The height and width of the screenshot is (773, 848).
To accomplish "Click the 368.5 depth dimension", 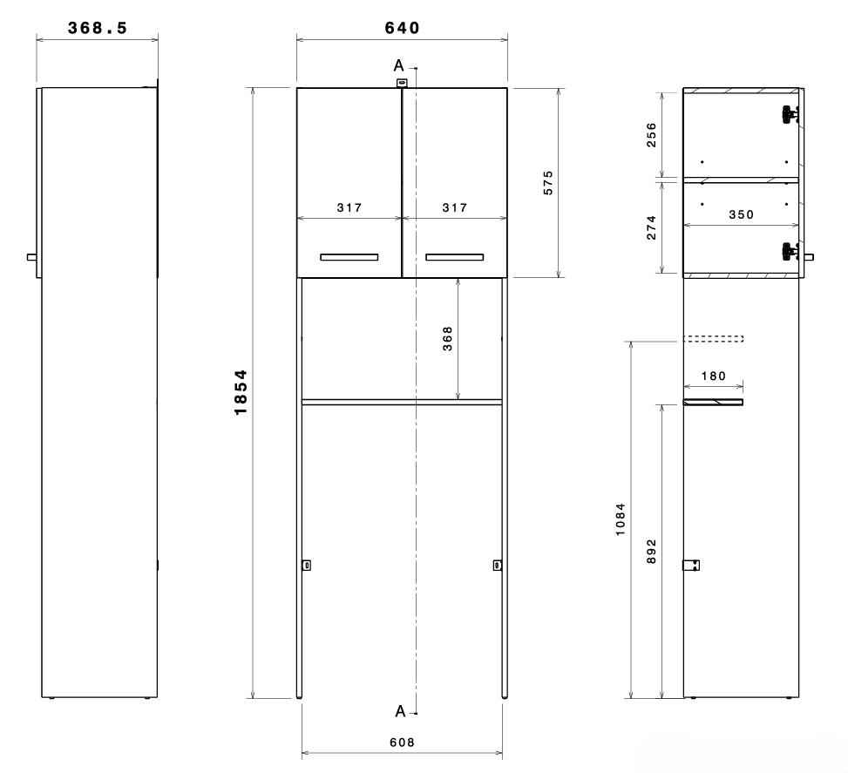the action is click(x=98, y=28).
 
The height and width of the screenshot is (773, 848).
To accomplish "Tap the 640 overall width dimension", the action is click(x=402, y=28).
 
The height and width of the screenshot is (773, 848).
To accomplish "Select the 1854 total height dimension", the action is click(x=241, y=392).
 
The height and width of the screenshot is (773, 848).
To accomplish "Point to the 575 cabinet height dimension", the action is click(x=548, y=183).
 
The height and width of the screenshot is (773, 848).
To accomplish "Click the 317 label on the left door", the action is click(x=349, y=207).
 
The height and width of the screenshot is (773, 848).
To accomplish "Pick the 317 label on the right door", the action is click(x=455, y=207).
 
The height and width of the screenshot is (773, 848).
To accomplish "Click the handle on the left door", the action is click(x=349, y=257).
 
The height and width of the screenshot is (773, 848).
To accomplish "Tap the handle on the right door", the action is click(x=455, y=257).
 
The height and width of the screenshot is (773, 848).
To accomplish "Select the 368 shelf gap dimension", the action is click(x=447, y=339).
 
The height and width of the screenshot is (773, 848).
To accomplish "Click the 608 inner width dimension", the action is click(x=402, y=742).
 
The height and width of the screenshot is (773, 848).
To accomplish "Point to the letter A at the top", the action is click(x=398, y=66).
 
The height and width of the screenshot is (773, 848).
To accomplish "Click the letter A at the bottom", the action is click(x=400, y=711).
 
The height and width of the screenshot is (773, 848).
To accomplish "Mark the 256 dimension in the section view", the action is click(x=651, y=135).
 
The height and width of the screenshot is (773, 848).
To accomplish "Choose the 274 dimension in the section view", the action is click(x=651, y=227).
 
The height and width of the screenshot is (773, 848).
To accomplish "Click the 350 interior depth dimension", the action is click(x=741, y=214).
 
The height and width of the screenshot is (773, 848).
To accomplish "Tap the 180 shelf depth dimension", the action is click(x=713, y=376).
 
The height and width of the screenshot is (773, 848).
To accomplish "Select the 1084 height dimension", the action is click(x=621, y=519).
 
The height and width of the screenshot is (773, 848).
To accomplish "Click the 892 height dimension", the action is click(x=651, y=552).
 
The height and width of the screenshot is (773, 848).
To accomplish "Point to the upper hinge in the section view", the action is click(x=791, y=114).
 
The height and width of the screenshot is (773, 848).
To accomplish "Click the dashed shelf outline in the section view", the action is click(x=713, y=339).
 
